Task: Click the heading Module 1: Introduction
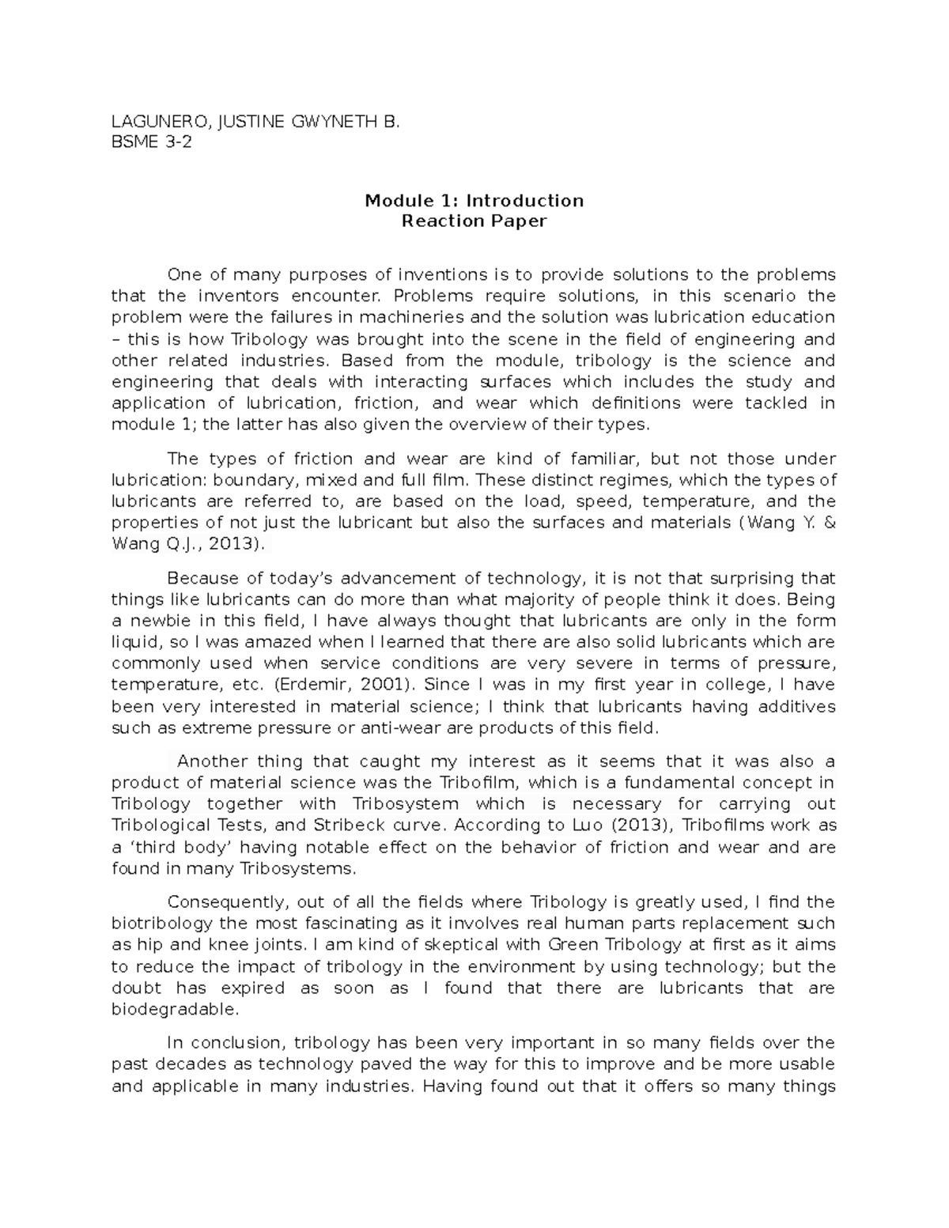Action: pyautogui.click(x=474, y=200)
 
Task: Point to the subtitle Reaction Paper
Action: pyautogui.click(x=474, y=221)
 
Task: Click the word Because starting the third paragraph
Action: pyautogui.click(x=202, y=578)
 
